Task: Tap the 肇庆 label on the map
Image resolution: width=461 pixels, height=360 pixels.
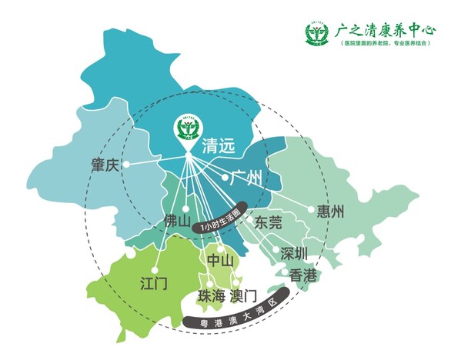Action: tap(105, 165)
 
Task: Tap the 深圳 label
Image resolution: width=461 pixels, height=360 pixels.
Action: tap(294, 253)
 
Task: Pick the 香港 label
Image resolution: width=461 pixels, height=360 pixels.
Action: tap(301, 273)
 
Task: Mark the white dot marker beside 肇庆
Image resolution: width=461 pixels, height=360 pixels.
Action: tap(128, 164)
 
